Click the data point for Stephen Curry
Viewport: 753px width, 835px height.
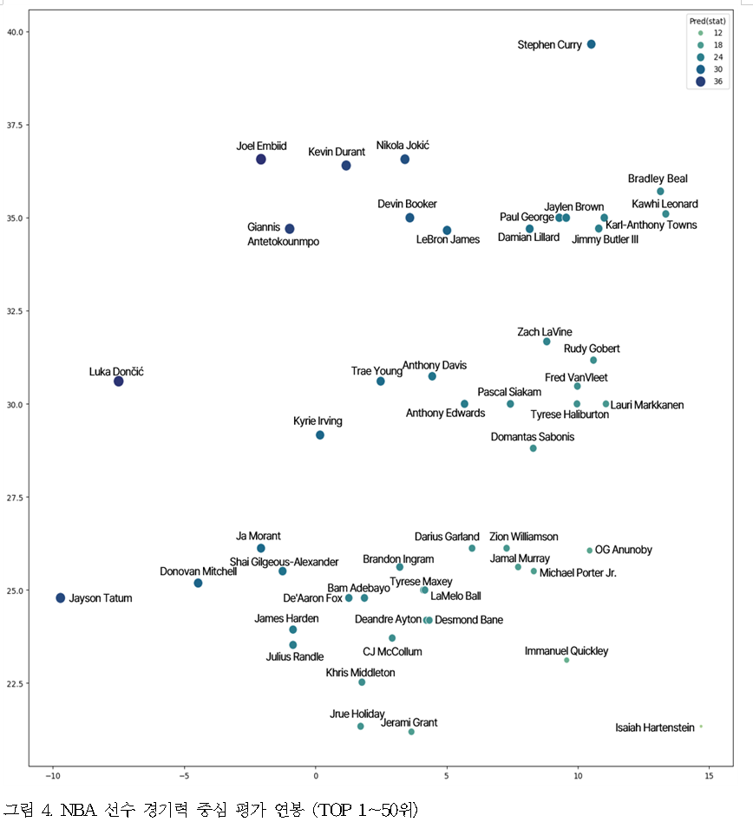591,44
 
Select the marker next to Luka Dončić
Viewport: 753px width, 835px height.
119,382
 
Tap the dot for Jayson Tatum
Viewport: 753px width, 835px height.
61,598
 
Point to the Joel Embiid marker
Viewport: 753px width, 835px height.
261,160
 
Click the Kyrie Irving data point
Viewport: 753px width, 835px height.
320,435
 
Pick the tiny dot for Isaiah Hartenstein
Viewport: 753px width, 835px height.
701,727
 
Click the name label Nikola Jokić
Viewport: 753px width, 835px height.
403,146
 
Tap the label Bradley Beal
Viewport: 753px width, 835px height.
658,179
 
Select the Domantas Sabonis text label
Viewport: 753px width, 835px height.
533,437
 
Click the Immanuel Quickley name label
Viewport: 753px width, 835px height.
566,651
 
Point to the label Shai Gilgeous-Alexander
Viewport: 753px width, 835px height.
284,562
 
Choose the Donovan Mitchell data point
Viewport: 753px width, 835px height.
198,584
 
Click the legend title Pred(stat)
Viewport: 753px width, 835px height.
707,20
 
